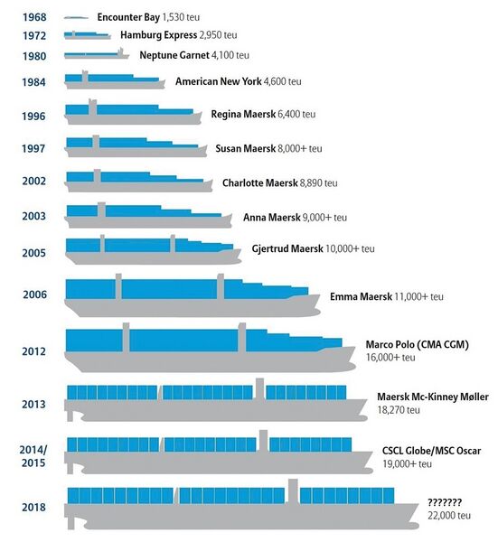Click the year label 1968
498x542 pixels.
tap(34, 17)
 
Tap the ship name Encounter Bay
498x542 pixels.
tap(128, 17)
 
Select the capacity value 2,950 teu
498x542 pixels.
tap(218, 35)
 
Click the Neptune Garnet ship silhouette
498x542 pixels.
tap(97, 54)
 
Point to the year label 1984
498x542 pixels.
tap(33, 82)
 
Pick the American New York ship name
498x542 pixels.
tap(218, 81)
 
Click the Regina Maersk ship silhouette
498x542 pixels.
tap(134, 112)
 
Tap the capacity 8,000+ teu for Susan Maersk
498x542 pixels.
tap(300, 149)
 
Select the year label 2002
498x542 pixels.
tap(33, 181)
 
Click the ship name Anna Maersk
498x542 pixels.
tap(271, 218)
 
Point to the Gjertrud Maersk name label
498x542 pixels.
tap(287, 248)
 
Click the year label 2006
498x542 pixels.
tap(34, 294)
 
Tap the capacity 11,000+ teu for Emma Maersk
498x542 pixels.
tap(418, 296)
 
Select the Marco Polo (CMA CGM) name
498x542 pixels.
tap(418, 345)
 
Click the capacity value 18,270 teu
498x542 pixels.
tap(399, 410)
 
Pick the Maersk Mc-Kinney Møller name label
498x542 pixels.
tap(433, 397)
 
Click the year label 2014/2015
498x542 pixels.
tap(33, 456)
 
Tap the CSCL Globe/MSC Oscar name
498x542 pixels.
tap(432, 451)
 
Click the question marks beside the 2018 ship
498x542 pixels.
tap(445, 502)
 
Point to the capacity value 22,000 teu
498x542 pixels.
tap(449, 516)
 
